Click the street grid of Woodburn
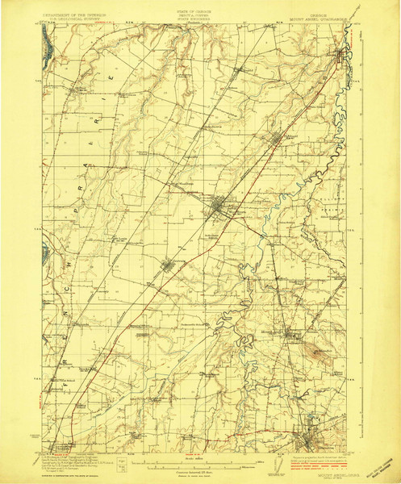click(x=219, y=211)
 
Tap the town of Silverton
click(x=307, y=440)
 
